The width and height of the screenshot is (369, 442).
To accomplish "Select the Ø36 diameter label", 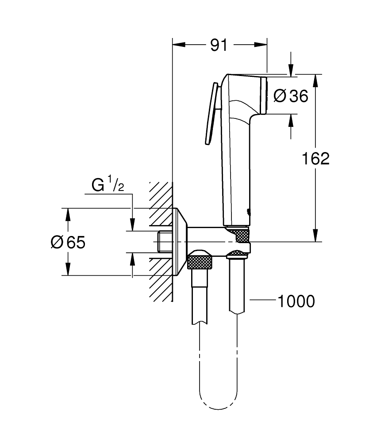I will tap(291, 95).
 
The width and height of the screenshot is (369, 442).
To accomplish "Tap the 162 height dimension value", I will tap(315, 158).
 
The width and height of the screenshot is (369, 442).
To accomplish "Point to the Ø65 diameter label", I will tap(68, 242).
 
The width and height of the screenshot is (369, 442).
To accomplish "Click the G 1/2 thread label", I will tap(108, 185).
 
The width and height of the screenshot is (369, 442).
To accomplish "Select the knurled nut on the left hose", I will tap(201, 261).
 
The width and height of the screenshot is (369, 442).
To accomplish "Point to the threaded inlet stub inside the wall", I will tap(165, 242).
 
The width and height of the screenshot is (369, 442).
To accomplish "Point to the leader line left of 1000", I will tap(263, 301).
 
